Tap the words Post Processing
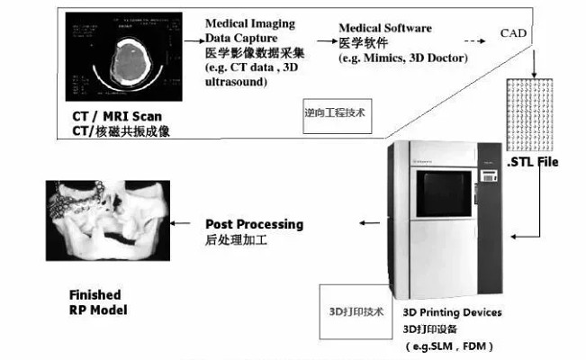(x=255, y=224)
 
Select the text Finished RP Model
(x=98, y=302)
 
